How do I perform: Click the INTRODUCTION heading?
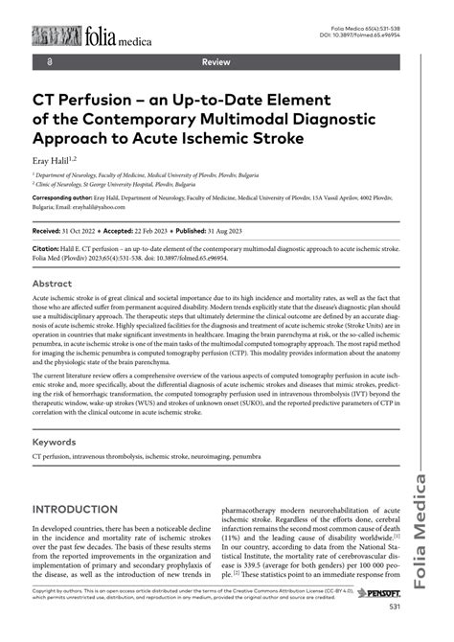(89, 509)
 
